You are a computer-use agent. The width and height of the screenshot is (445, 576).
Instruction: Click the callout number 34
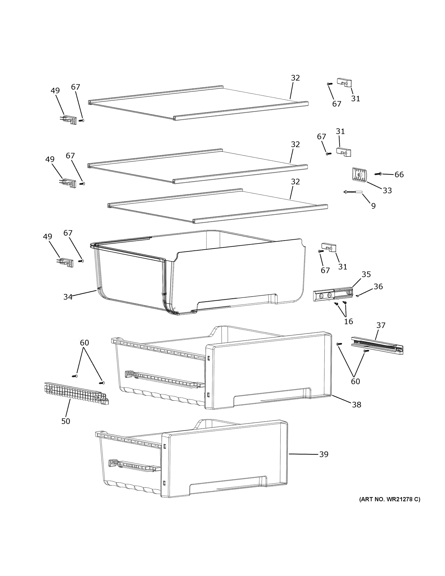click(68, 297)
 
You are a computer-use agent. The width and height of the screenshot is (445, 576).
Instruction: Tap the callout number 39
click(324, 454)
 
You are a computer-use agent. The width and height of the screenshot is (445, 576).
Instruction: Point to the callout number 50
click(66, 421)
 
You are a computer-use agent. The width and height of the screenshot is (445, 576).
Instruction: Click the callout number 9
click(373, 206)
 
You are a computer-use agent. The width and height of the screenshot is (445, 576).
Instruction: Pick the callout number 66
click(399, 174)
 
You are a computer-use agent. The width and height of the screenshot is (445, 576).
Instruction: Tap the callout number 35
click(366, 274)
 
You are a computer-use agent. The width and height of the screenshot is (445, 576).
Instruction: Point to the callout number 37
click(381, 325)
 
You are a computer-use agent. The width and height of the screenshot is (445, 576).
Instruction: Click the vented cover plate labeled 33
click(359, 174)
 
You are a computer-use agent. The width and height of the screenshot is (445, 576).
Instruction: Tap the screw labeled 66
click(378, 174)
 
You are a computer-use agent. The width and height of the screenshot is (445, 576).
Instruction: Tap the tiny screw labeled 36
click(357, 296)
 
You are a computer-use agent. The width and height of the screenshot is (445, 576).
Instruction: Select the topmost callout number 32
click(295, 78)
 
